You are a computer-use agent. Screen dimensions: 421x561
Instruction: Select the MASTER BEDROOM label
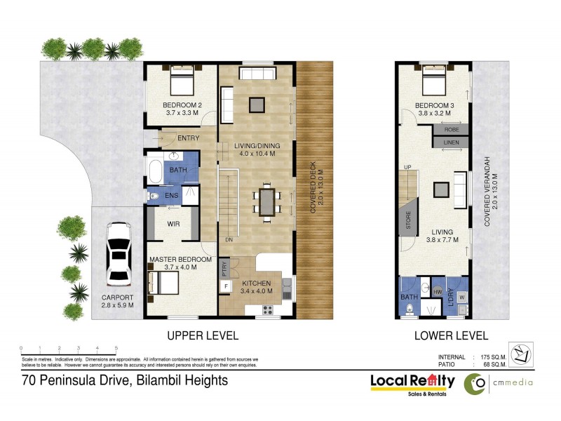click(x=180, y=260)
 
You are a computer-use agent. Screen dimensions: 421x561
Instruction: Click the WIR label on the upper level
click(x=175, y=225)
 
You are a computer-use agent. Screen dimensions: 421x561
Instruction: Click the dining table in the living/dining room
click(x=266, y=201)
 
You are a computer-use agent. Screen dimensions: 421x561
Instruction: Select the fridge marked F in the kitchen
click(x=226, y=286)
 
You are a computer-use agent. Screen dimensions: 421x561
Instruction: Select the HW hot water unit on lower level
click(x=438, y=291)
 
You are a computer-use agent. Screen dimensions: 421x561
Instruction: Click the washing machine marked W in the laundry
click(x=461, y=297)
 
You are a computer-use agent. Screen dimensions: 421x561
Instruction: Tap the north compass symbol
click(x=520, y=355)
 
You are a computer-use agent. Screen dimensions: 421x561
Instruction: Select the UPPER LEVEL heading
click(x=204, y=335)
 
